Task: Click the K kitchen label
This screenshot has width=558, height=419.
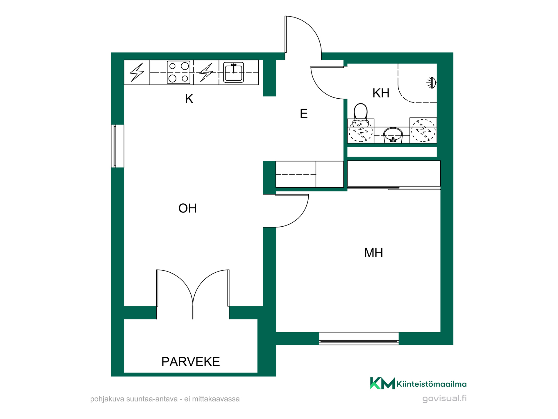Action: [189, 99]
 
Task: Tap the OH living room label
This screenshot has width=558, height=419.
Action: [187, 208]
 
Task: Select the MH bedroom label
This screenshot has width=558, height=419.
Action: [373, 253]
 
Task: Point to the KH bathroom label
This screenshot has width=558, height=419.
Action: [381, 93]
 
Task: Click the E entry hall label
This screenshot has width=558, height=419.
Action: [304, 113]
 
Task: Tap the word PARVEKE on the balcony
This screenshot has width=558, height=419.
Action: [191, 362]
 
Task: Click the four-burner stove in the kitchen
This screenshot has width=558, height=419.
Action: [179, 72]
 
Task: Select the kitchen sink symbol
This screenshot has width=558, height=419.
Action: [233, 72]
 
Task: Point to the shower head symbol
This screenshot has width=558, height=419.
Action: [432, 83]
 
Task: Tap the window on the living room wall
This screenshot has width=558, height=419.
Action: [117, 146]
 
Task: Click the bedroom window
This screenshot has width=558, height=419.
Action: [359, 339]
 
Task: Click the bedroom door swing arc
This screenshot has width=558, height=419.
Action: [299, 217]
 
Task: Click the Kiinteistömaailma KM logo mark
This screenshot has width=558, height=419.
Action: [382, 383]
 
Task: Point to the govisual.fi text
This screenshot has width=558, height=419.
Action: [444, 398]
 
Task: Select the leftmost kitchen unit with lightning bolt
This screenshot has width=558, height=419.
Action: [137, 72]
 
